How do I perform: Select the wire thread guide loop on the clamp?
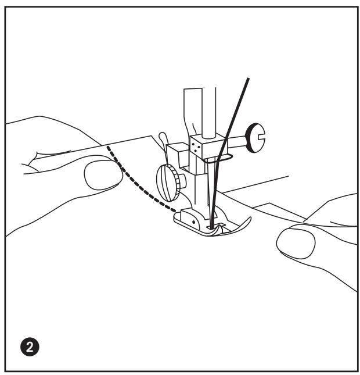tap(224, 156)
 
